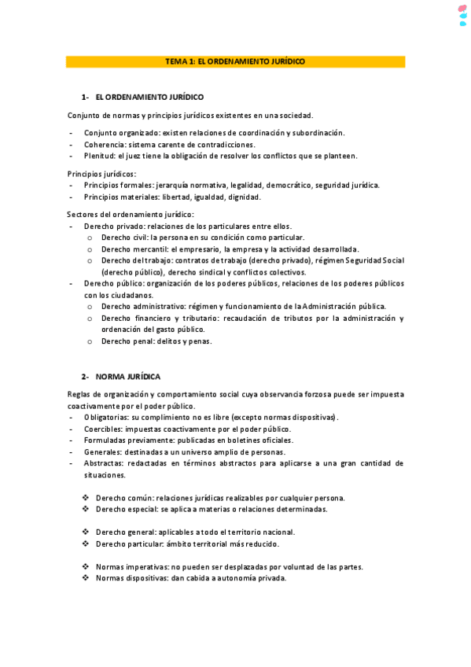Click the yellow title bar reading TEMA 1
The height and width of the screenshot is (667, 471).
coord(235,61)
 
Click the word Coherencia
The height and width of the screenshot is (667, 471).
coord(103,145)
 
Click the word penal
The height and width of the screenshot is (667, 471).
coord(148,341)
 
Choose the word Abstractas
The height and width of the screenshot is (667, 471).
coord(103,464)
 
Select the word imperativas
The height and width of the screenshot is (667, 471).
coord(146,566)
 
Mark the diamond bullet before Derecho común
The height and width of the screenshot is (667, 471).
coord(86,497)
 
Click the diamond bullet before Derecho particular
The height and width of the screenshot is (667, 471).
coord(86,544)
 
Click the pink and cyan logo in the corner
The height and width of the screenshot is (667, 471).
coord(463,16)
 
